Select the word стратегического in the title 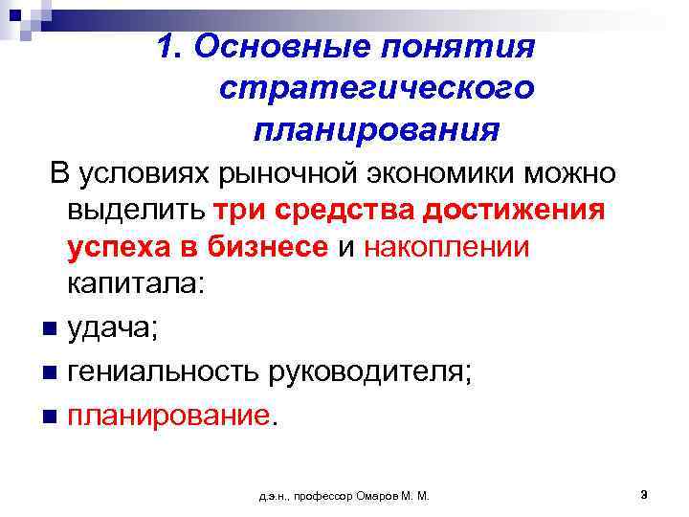point(376,88)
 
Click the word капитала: point(135,284)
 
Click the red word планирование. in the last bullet point(175,416)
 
